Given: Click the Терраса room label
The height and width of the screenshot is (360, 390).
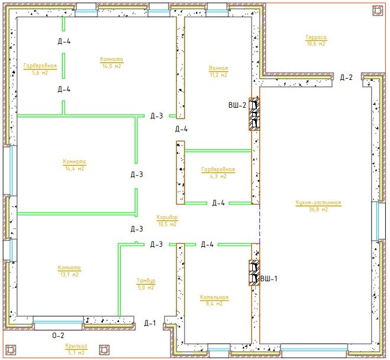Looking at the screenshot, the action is coord(316,37).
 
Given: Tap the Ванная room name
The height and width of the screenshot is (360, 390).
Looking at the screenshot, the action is coord(218,68).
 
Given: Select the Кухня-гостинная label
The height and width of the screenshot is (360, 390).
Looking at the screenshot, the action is coord(318,202).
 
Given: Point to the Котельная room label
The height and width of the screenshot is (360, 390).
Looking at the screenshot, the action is coord(214,297).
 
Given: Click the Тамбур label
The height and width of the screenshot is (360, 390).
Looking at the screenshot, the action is coord(146,281).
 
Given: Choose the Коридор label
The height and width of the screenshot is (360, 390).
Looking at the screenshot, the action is coord(167,217).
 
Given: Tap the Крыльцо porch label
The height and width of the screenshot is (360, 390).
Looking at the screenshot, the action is coord(76,346).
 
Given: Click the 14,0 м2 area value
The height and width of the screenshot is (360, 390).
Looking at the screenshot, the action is coord(111,66).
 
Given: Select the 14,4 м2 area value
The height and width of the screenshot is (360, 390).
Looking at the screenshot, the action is coord(75,169).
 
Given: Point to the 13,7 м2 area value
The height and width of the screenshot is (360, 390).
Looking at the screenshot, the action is coord(69,275).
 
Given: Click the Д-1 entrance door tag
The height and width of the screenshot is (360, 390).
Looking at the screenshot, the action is coord(150,323).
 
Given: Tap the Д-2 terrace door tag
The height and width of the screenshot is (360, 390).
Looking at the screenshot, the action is coord(346,78).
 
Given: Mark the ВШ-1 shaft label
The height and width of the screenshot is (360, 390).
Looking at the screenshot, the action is coord(269,279).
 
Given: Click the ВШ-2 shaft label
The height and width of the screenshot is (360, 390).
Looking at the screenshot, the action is coord(237,105).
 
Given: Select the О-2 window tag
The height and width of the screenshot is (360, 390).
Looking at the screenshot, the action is coord(58,336).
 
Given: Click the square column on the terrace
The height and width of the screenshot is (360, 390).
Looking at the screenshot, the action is coord(378,11).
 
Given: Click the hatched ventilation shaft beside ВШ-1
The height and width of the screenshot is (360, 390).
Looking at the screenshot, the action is coord(254,273).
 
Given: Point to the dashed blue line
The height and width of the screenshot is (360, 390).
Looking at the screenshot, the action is coord(260,224).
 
